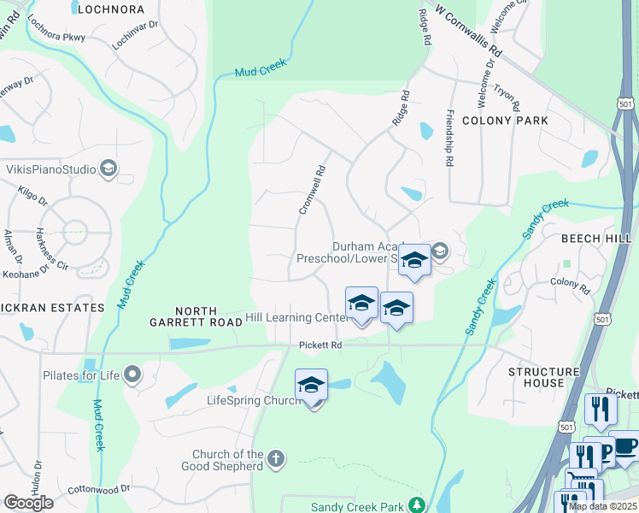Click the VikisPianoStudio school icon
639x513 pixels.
coord(108,168)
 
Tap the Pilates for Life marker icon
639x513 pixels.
coord(132,374)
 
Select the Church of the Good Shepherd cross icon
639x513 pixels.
coord(275,459)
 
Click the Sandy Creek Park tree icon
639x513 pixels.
coord(416,505)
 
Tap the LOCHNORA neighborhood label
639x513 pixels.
coord(108,9)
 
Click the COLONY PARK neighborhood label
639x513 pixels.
coord(505,121)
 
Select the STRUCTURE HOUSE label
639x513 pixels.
coord(543,377)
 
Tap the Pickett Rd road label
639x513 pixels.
coord(320,345)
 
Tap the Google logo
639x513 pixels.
coord(28,502)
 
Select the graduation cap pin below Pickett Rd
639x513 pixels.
coord(312,386)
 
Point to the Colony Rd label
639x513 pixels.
coord(570,286)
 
